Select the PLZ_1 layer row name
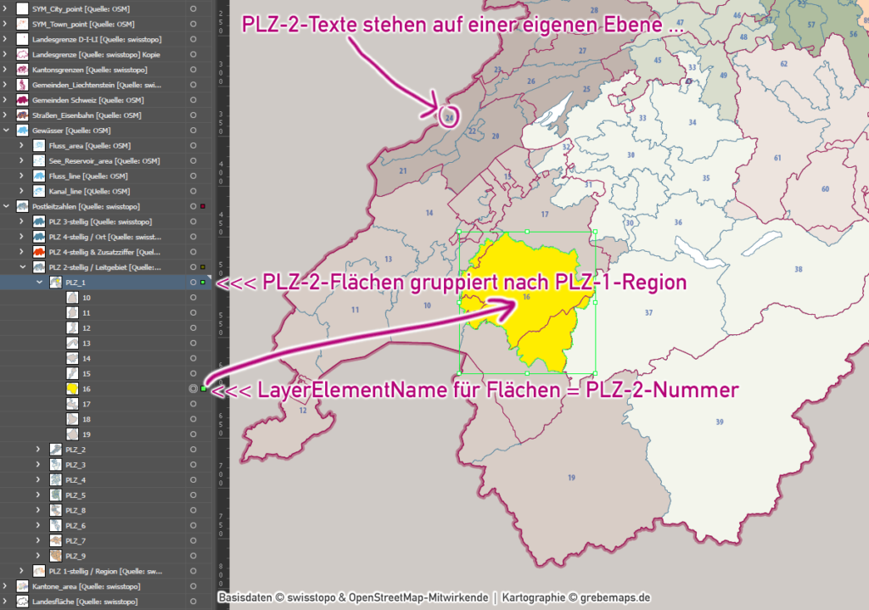pos(76,283)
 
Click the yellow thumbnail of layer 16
pos(72,389)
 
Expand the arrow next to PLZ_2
pos(38,449)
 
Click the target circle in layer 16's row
pos(193,389)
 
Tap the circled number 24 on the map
pos(449,117)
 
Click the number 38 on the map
pos(798,269)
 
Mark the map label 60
pos(824,188)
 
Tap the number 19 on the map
pos(571,478)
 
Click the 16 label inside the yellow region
pos(526,297)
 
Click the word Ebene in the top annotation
pos(632,26)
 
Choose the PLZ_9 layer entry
pos(76,556)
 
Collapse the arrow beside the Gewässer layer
pos(8,131)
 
